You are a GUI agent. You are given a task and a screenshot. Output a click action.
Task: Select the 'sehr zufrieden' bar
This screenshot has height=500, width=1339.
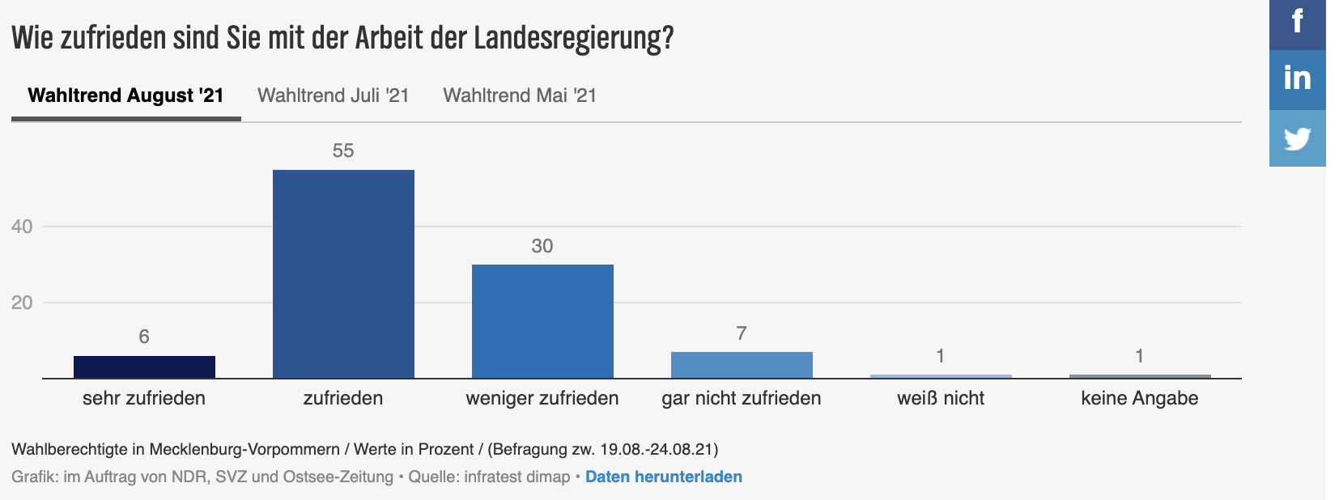pos(144,367)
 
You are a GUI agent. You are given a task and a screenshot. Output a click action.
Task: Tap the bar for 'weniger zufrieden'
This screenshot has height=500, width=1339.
pos(542,321)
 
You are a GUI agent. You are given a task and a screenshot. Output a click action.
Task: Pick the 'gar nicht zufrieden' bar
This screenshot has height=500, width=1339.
pos(742,365)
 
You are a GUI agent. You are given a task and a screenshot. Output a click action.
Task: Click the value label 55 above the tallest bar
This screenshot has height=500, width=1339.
pos(343,150)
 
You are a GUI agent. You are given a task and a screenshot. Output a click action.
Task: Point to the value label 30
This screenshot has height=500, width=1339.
pos(542,246)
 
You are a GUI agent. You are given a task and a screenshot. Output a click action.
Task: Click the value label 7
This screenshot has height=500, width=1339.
pos(742,333)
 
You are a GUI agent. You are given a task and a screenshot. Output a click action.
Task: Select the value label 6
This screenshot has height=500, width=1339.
pos(144,337)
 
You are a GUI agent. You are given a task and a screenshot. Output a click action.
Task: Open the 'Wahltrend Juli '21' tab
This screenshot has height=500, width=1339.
pos(333,95)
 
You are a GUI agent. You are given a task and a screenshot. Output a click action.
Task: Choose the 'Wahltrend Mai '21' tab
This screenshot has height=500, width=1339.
pos(520,95)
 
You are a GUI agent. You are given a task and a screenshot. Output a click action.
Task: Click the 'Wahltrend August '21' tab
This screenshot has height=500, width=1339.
pos(125,95)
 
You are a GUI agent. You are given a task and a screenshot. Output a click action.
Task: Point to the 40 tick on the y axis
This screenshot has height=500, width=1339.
pos(22,227)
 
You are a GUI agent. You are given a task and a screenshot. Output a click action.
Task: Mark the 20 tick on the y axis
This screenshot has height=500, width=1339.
pos(22,303)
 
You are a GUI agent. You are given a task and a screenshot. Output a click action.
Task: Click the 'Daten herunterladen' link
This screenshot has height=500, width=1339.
pos(664,477)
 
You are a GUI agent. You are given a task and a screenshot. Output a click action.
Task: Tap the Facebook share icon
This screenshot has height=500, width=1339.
pos(1297,21)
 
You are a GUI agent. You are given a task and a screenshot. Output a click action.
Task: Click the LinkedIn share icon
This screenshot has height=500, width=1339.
pos(1297,78)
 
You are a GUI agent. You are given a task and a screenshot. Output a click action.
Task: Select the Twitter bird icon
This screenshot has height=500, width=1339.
pos(1297,138)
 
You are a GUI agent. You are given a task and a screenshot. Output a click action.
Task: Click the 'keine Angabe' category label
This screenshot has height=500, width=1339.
pos(1139,398)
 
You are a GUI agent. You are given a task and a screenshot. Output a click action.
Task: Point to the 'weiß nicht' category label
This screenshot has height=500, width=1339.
pos(941,398)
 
